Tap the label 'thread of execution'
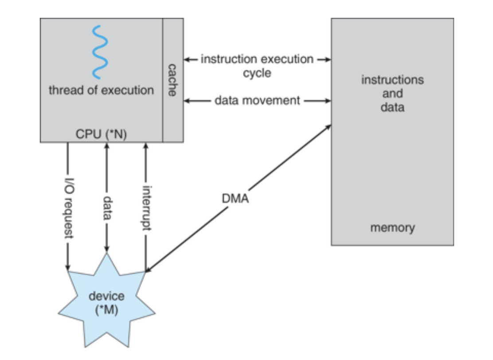(x=101, y=90)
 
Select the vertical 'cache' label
(x=172, y=80)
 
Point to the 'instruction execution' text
(x=257, y=59)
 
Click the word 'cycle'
(x=257, y=73)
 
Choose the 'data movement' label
(x=257, y=101)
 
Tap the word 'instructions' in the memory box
(x=392, y=80)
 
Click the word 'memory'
(x=392, y=228)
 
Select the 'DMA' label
(x=235, y=199)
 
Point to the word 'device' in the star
(x=106, y=296)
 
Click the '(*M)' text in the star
(x=106, y=310)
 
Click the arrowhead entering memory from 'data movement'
(x=328, y=101)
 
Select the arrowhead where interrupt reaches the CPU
(x=145, y=145)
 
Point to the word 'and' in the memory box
(x=392, y=94)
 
